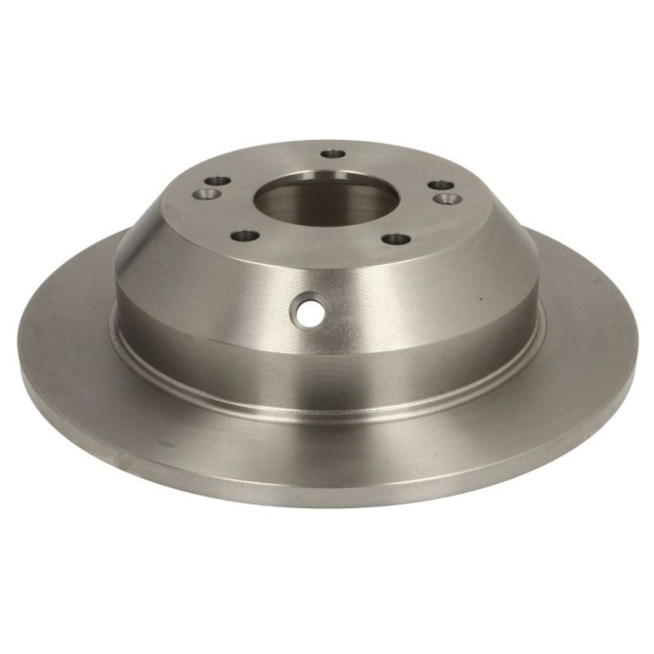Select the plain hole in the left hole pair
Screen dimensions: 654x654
pos(217,181)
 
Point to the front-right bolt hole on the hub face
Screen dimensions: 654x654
pos(395,238)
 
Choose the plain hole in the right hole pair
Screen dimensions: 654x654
pos(442,184)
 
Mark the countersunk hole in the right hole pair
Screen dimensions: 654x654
pos(451,199)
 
